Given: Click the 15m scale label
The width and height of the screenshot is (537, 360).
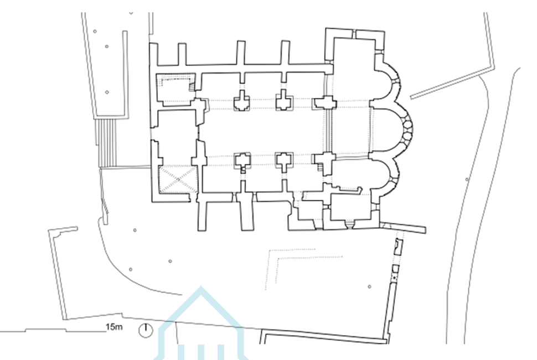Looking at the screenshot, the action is [x=114, y=328].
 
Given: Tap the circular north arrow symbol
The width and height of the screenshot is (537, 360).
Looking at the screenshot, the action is [x=146, y=331].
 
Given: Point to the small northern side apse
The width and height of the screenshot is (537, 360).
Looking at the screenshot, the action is [x=386, y=84].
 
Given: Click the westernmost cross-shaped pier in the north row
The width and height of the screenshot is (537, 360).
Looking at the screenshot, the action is [x=242, y=101].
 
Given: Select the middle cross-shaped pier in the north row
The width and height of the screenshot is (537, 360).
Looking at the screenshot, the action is [x=283, y=101].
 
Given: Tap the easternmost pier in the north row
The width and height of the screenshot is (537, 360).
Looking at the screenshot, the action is [x=324, y=102].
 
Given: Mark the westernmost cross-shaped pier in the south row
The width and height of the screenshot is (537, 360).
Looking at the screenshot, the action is [x=242, y=161].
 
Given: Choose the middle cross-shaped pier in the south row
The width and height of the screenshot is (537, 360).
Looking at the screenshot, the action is [x=283, y=161].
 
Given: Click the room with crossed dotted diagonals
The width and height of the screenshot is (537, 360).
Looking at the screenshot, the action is [x=178, y=179].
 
